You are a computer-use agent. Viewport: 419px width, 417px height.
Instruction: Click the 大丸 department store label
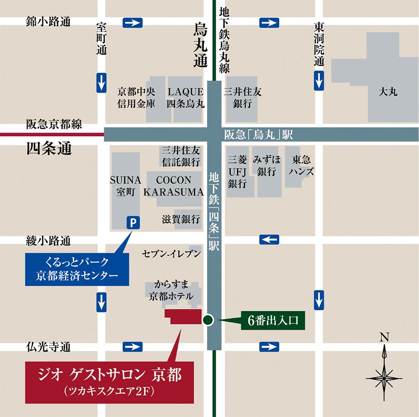tap(388, 92)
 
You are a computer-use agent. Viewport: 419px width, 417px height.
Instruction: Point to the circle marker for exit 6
tap(208, 320)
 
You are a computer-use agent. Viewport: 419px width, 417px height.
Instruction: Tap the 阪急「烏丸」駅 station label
tap(258, 135)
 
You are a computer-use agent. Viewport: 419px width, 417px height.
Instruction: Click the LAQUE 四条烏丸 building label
tap(185, 98)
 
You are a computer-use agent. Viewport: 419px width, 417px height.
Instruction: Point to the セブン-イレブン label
tap(172, 253)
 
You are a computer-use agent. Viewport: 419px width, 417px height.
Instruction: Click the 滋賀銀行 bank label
tap(181, 219)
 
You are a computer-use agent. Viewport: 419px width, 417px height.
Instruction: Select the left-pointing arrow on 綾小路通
tap(269, 239)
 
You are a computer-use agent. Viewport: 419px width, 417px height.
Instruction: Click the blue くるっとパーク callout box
tap(77, 269)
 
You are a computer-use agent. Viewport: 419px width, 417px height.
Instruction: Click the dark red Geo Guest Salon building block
tap(182, 317)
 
